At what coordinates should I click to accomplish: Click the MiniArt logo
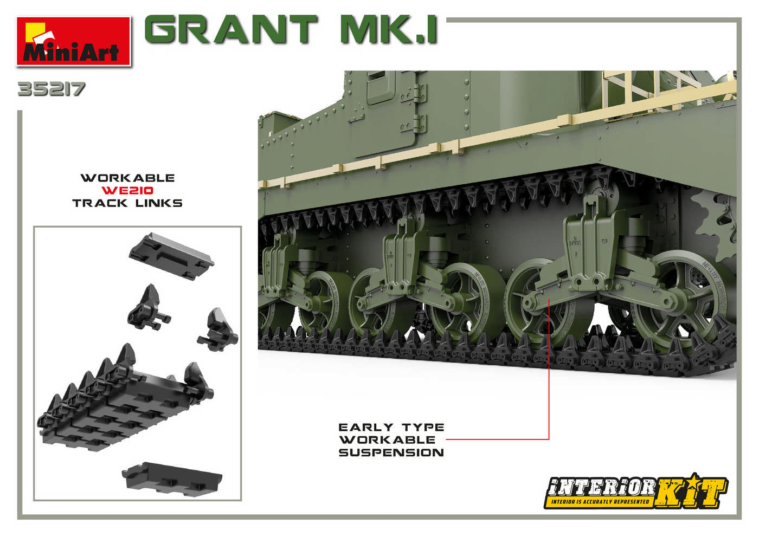pyautogui.click(x=74, y=42)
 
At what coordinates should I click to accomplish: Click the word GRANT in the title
pyautogui.click(x=231, y=29)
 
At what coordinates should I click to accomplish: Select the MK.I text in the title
pyautogui.click(x=388, y=30)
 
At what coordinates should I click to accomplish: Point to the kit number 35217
pyautogui.click(x=52, y=89)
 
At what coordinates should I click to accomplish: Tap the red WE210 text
pyautogui.click(x=127, y=190)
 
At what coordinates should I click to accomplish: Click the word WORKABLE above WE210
pyautogui.click(x=127, y=178)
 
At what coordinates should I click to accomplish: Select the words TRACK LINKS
pyautogui.click(x=127, y=203)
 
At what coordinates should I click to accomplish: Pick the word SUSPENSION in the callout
pyautogui.click(x=391, y=452)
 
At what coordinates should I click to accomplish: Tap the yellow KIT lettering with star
pyautogui.click(x=692, y=493)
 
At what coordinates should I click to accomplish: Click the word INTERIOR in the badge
pyautogui.click(x=601, y=487)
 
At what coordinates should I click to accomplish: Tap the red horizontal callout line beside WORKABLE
pyautogui.click(x=496, y=439)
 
